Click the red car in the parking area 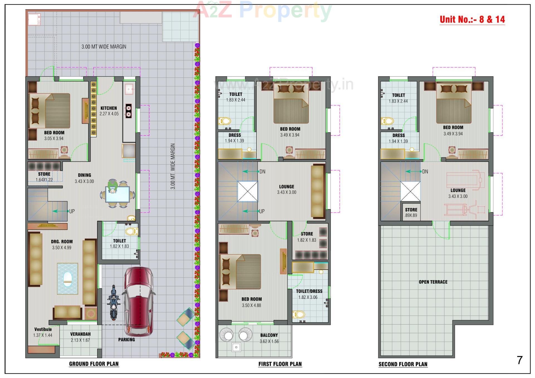(138, 301)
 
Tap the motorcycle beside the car (113, 303)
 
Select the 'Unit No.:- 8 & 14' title (472, 19)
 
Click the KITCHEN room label (109, 108)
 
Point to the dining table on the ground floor (118, 194)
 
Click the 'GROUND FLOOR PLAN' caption (94, 364)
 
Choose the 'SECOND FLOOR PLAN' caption (403, 364)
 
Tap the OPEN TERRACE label (433, 282)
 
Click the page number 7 (520, 360)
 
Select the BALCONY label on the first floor (269, 335)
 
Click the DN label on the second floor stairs (425, 172)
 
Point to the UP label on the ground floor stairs (72, 211)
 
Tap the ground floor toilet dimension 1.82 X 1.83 (119, 246)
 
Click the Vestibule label (43, 329)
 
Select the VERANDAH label (80, 334)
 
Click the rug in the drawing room (67, 279)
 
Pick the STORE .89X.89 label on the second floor (411, 212)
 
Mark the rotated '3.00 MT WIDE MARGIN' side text (173, 166)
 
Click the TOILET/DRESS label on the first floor (309, 291)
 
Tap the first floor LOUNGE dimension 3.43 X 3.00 (286, 192)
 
